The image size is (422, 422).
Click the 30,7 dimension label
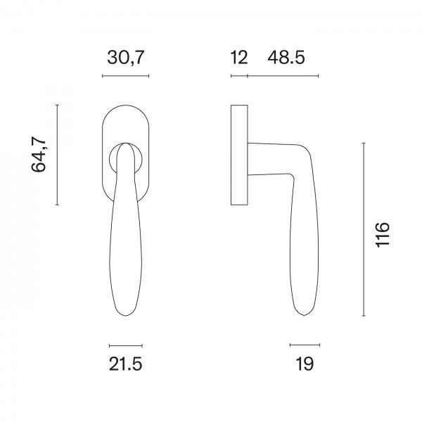[x=126, y=58]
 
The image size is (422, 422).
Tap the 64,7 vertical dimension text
[x=39, y=155]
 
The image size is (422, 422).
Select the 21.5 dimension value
[x=126, y=364]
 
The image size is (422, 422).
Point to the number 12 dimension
[x=239, y=58]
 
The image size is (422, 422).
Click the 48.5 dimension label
[x=286, y=58]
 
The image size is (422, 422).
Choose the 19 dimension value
[x=304, y=364]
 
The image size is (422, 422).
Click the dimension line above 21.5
[x=126, y=345]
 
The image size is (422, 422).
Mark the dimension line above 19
[x=304, y=345]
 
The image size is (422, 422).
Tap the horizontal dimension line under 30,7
[x=126, y=75]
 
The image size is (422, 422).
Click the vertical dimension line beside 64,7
[x=57, y=155]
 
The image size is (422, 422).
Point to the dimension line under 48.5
[x=283, y=75]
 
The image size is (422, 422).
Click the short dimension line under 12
[x=239, y=75]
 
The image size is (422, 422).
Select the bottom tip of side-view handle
[x=304, y=314]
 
